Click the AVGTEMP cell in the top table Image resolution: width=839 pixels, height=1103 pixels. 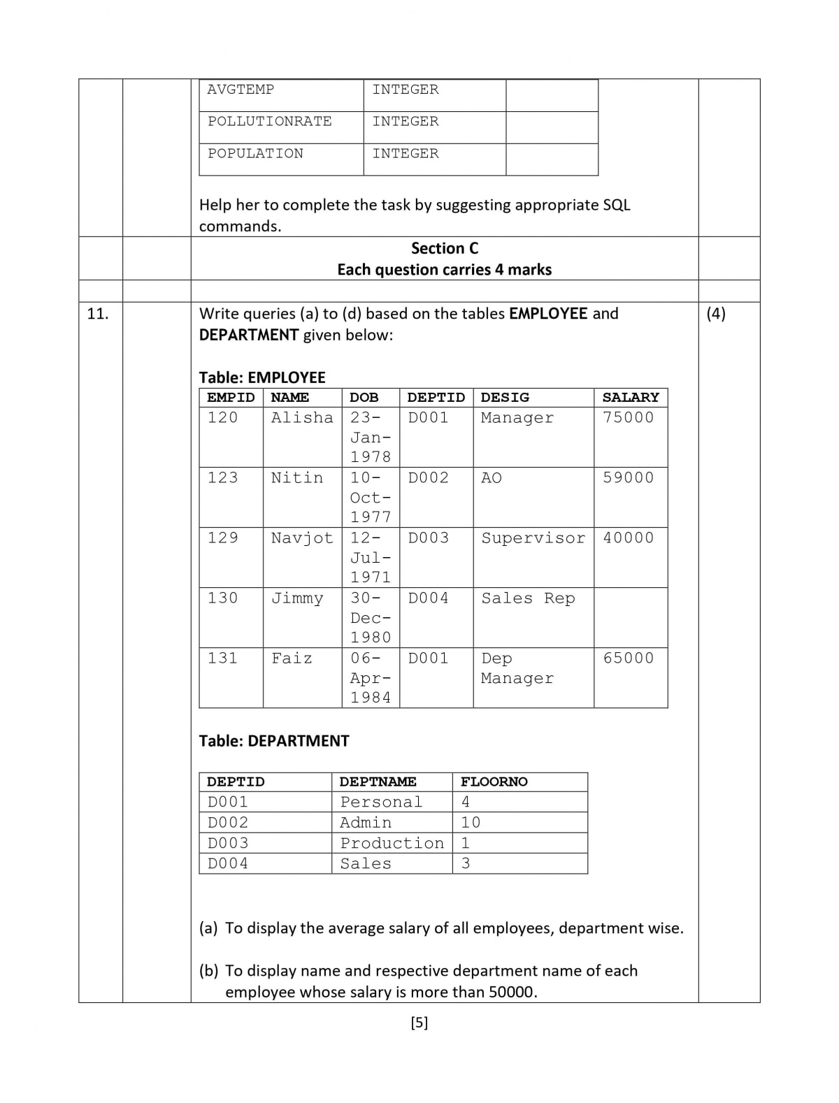tap(241, 89)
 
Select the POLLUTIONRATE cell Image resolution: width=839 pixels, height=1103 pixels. tap(270, 122)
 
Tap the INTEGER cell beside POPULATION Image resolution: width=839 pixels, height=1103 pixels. tap(406, 154)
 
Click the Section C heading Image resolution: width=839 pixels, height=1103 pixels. tap(445, 248)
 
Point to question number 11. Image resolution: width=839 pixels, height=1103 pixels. tap(98, 314)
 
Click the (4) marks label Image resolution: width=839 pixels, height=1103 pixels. tap(716, 314)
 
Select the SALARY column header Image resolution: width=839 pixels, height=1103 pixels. tap(631, 398)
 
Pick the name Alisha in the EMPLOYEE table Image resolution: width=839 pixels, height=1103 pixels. tap(302, 418)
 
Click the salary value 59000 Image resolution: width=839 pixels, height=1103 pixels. tap(629, 478)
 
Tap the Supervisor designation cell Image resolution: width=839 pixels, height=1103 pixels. tap(533, 538)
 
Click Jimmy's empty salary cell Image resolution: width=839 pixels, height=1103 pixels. tap(631, 617)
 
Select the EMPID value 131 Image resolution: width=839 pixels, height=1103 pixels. tap(222, 658)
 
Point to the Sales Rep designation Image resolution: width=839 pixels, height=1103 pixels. tap(528, 598)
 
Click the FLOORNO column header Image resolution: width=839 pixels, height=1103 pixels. tap(494, 782)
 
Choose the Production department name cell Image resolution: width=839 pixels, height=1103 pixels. tap(392, 844)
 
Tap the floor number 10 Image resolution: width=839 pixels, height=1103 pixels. tap(471, 823)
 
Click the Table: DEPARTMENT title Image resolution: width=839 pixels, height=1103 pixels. tap(274, 741)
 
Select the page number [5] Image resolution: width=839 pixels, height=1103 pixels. tap(419, 1023)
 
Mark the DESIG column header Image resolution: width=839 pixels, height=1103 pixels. tap(505, 398)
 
